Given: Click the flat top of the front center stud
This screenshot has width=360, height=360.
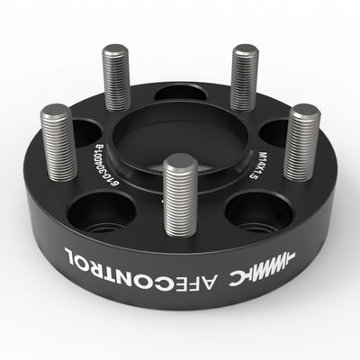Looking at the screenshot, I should coord(181,163).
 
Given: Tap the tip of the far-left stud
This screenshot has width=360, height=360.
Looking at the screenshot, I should coord(56,113).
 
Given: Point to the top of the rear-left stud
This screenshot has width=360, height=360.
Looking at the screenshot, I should coord(115,50).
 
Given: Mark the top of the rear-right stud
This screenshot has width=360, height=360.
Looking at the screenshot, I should coord(244,52).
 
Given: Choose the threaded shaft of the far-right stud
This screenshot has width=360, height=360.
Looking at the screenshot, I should coord(301,148).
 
